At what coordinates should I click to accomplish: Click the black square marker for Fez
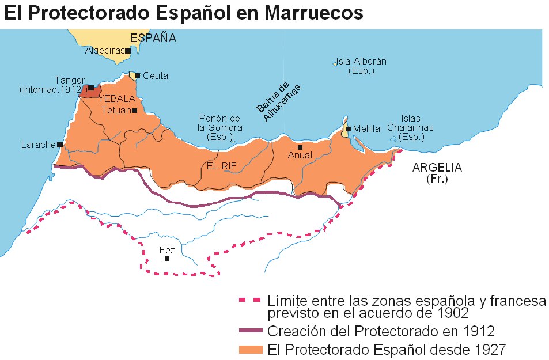pos(166,259)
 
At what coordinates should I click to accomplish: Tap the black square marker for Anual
pos(300,147)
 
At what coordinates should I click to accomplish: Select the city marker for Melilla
pos(349,129)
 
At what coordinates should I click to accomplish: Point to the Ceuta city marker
pos(138,75)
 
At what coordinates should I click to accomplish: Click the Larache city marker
pos(59,145)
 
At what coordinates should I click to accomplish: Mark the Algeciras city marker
pos(128,51)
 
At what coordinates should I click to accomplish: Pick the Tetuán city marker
pos(134,110)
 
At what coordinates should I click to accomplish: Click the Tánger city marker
pos(90,88)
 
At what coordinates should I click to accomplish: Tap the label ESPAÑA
pos(153,38)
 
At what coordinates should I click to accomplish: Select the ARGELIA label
pos(437,168)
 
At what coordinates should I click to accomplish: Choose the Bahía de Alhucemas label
pos(279,101)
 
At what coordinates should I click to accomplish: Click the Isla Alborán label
pos(361,66)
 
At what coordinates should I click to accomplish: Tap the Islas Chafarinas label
pos(410,132)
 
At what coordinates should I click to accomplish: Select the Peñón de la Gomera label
pos(219,128)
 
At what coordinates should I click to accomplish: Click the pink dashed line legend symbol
pos(249,300)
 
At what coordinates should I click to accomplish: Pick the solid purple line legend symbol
pos(249,331)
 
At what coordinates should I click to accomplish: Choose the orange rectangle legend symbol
pos(249,349)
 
